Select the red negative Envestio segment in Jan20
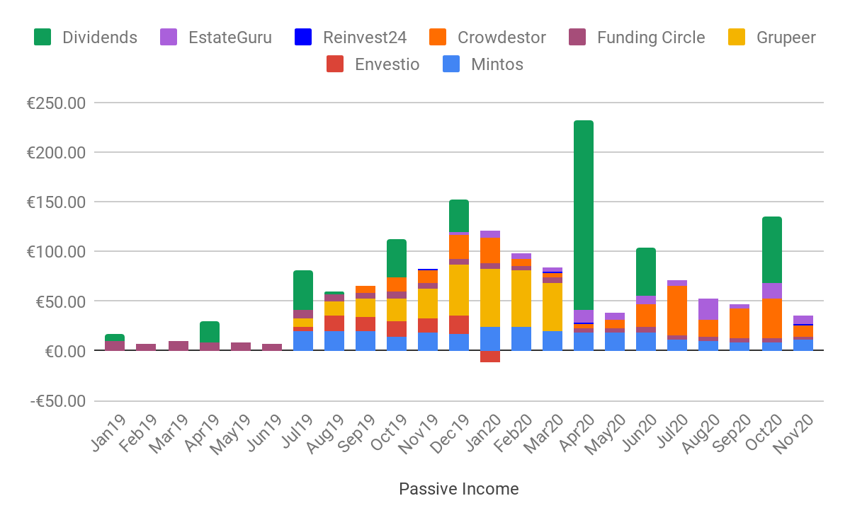point(490,357)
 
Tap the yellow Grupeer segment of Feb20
point(521,298)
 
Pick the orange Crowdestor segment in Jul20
point(677,311)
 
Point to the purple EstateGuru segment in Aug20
point(708,309)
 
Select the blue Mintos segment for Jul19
point(303,340)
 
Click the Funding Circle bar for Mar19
point(178,346)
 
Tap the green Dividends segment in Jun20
point(646,272)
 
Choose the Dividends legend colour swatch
point(43,37)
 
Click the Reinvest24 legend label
point(364,37)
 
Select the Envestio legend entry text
point(387,64)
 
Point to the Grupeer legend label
point(786,37)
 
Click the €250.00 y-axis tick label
point(56,103)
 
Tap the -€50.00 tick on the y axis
point(56,401)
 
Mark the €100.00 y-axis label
point(56,252)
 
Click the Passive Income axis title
point(458,489)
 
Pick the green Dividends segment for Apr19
point(210,332)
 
